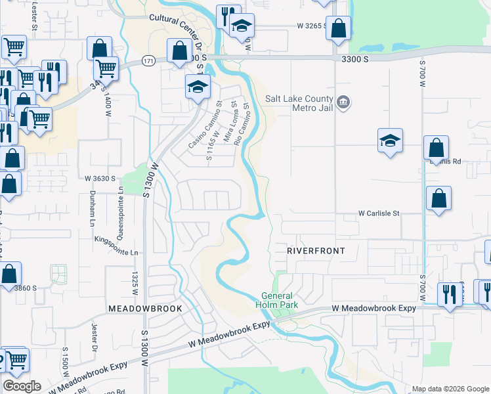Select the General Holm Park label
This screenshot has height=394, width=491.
tap(280, 300)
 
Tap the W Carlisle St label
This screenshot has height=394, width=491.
tap(379, 213)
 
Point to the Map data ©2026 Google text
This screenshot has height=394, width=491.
tap(450, 389)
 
